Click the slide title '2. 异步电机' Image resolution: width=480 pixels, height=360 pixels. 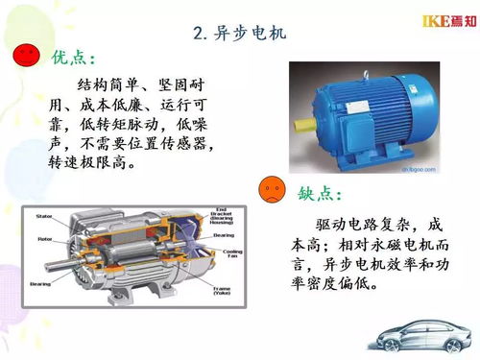click(239, 36)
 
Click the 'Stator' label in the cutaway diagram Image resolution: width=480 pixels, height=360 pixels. click(44, 216)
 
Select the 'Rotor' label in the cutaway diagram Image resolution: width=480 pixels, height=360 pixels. click(44, 238)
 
